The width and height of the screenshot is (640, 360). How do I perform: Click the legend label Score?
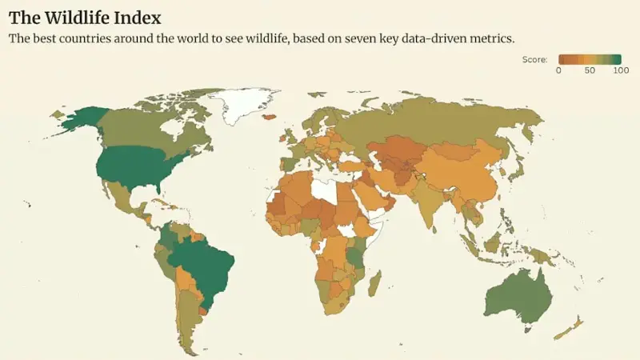pos(534,59)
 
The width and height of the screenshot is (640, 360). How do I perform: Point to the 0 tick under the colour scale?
pos(558,70)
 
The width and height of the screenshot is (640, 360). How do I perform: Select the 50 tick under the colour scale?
pos(590,70)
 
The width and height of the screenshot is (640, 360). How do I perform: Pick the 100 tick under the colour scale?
pos(621,70)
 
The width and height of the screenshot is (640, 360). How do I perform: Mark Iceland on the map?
pos(269,117)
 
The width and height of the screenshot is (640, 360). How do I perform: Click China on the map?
pos(464,172)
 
